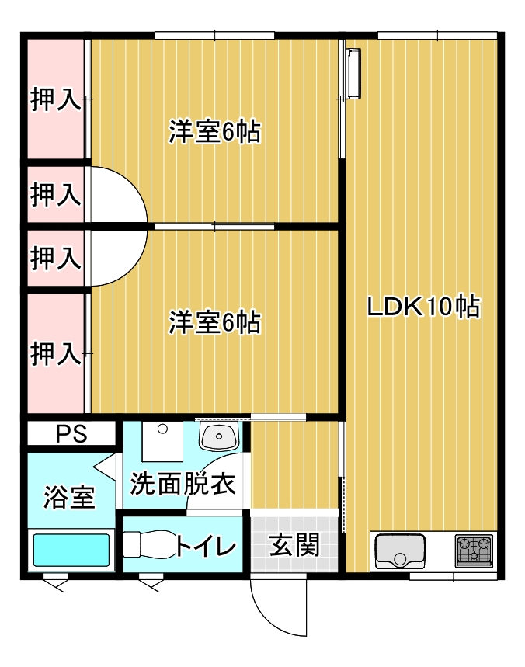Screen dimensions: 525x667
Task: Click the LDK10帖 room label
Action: point(423,306)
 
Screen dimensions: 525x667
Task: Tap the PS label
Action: point(71,433)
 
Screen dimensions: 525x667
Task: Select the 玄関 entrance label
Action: point(294,545)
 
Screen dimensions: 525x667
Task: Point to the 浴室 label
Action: point(69,497)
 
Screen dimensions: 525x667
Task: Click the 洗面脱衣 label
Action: point(183,483)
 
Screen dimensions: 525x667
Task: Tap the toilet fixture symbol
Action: point(149,544)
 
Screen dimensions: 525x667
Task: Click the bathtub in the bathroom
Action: point(71,550)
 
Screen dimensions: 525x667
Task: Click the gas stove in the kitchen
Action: point(473,551)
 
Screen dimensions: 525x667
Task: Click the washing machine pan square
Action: point(162,441)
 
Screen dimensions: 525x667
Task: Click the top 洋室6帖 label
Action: point(214,131)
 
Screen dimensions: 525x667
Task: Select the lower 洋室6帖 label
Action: point(214,322)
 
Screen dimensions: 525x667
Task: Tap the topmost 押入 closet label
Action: point(55,99)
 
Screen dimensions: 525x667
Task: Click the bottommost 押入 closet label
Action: point(55,353)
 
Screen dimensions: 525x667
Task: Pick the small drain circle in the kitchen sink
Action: point(399,558)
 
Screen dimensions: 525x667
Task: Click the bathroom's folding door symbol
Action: point(105,467)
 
